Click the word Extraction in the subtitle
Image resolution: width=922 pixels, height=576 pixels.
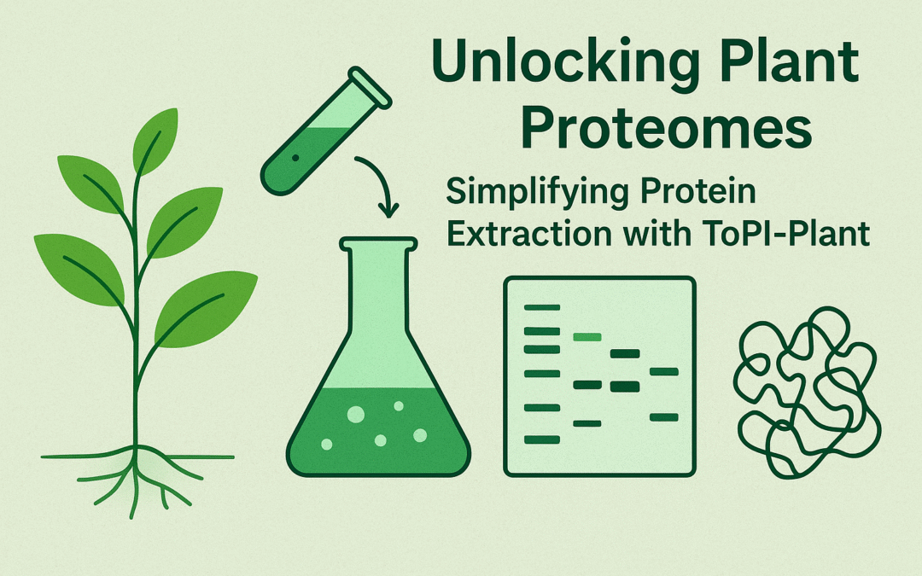[x=529, y=234]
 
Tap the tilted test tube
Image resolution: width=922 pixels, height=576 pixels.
[x=326, y=131]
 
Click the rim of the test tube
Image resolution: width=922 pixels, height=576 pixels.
[x=370, y=87]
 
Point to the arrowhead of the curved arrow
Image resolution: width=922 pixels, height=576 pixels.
[x=388, y=209]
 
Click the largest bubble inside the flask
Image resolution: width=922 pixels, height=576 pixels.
[x=356, y=415]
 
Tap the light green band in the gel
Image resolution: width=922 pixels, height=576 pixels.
[x=587, y=337]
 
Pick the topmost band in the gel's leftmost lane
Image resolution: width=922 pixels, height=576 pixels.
[x=541, y=307]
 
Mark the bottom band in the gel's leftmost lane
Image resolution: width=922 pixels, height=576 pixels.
[x=541, y=439]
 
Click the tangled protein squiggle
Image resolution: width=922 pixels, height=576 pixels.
[x=807, y=392]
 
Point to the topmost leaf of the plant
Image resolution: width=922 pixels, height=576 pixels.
[x=155, y=141]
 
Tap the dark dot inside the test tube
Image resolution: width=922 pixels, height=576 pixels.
[x=295, y=158]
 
